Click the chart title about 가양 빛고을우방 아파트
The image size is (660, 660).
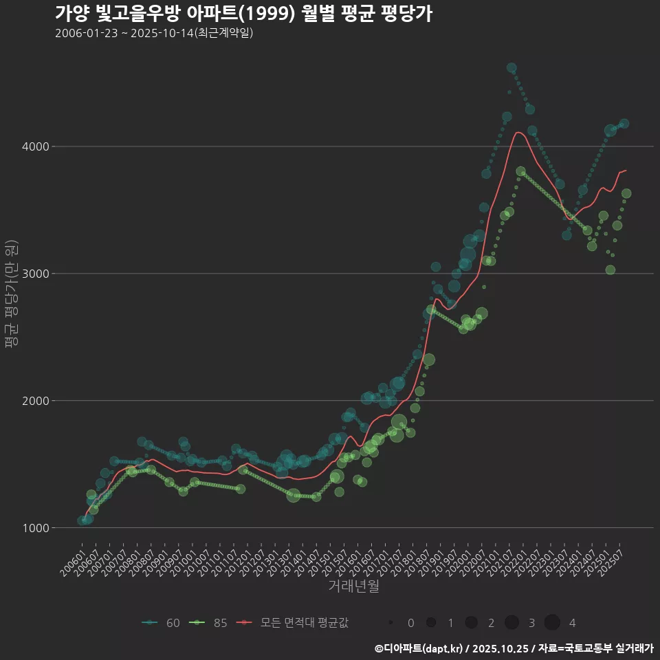(x=243, y=14)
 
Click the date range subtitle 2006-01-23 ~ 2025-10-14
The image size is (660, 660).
(x=154, y=33)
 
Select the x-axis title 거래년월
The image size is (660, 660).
(x=353, y=586)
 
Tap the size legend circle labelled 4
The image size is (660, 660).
(x=552, y=623)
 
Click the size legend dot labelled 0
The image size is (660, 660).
(x=390, y=623)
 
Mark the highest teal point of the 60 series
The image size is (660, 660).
(x=511, y=68)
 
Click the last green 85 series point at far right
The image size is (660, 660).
(x=626, y=194)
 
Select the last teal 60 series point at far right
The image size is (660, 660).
(x=624, y=124)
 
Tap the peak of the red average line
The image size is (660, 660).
(x=518, y=132)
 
